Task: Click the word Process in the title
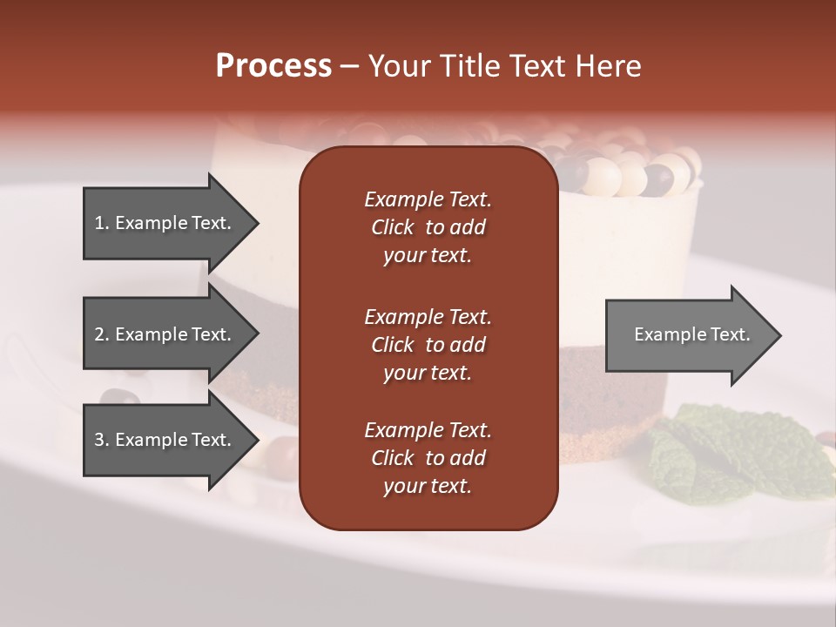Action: [273, 66]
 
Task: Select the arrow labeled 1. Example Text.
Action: [165, 223]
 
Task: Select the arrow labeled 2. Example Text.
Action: [165, 334]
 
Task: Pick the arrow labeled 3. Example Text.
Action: [165, 440]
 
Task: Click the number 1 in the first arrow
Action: [99, 223]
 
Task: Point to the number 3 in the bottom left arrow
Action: [99, 440]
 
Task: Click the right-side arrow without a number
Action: [688, 334]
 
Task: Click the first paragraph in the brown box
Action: [428, 227]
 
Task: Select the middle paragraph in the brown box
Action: [428, 345]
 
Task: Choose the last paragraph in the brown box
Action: [428, 458]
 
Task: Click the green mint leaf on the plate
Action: [697, 453]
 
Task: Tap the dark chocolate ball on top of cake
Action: [660, 179]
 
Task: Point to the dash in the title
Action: [349, 67]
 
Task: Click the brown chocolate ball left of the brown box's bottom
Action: [281, 450]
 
